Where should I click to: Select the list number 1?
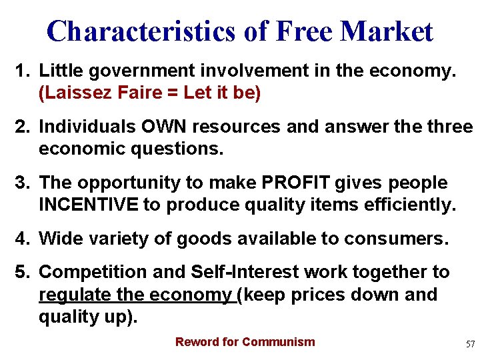point(22,71)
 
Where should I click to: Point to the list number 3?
point(22,183)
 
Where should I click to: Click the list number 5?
point(22,272)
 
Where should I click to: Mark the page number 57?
point(470,344)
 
